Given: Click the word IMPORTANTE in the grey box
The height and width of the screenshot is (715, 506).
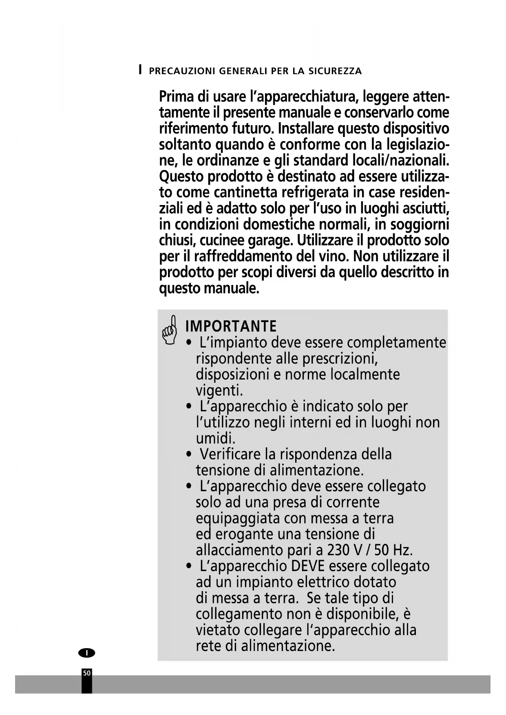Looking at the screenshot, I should (x=231, y=327).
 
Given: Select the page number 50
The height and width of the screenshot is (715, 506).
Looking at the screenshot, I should (x=87, y=673).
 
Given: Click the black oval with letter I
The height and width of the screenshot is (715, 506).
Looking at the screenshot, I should (x=86, y=653).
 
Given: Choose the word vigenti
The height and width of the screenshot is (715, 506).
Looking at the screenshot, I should (x=219, y=391).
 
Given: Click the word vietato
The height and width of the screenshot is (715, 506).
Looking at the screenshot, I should (x=218, y=630).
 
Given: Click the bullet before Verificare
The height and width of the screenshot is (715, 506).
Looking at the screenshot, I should (x=188, y=455).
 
